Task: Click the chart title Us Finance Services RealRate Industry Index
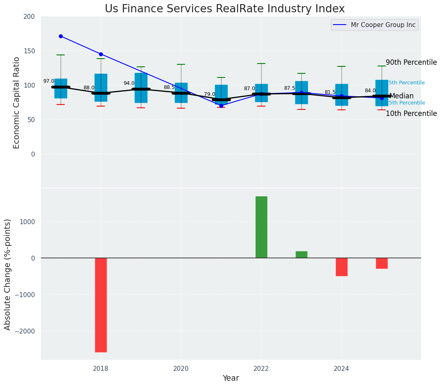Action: (225, 9)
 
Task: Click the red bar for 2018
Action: (101, 305)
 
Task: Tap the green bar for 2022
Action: (261, 227)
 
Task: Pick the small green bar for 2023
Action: (301, 254)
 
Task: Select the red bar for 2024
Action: (341, 267)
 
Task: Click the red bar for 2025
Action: (382, 263)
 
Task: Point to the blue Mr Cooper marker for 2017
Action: (61, 36)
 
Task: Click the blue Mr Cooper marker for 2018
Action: (101, 54)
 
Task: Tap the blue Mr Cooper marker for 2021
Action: (221, 106)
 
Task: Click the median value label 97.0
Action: (49, 82)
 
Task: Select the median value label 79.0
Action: (209, 94)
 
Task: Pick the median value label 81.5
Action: (330, 93)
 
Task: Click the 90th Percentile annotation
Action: (411, 63)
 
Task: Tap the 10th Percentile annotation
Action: (411, 114)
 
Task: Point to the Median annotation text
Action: (401, 96)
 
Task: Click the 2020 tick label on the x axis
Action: (181, 369)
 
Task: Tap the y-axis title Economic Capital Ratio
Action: (17, 102)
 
